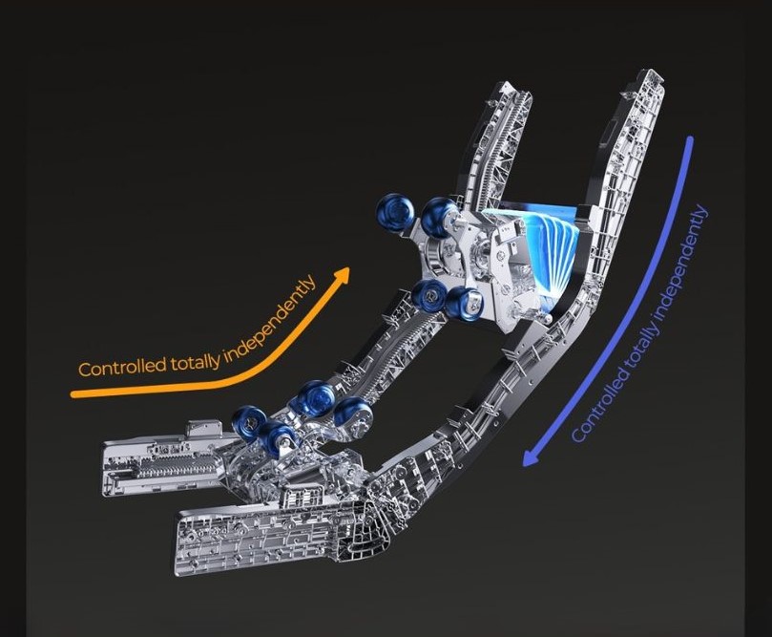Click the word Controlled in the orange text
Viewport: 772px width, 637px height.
pyautogui.click(x=122, y=368)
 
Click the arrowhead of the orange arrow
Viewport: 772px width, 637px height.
pyautogui.click(x=342, y=275)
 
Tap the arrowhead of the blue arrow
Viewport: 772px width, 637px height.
pyautogui.click(x=531, y=457)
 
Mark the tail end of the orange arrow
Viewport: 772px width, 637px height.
pyautogui.click(x=73, y=394)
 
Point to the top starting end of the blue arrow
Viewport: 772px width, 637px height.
pyautogui.click(x=690, y=139)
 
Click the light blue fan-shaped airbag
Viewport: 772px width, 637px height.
pyautogui.click(x=542, y=243)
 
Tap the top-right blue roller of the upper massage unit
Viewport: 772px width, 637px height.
pyautogui.click(x=438, y=214)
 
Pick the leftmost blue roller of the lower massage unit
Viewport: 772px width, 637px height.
pyautogui.click(x=249, y=422)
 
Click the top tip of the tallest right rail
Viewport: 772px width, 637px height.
pyautogui.click(x=648, y=72)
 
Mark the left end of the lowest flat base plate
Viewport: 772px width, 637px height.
pyautogui.click(x=179, y=541)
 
